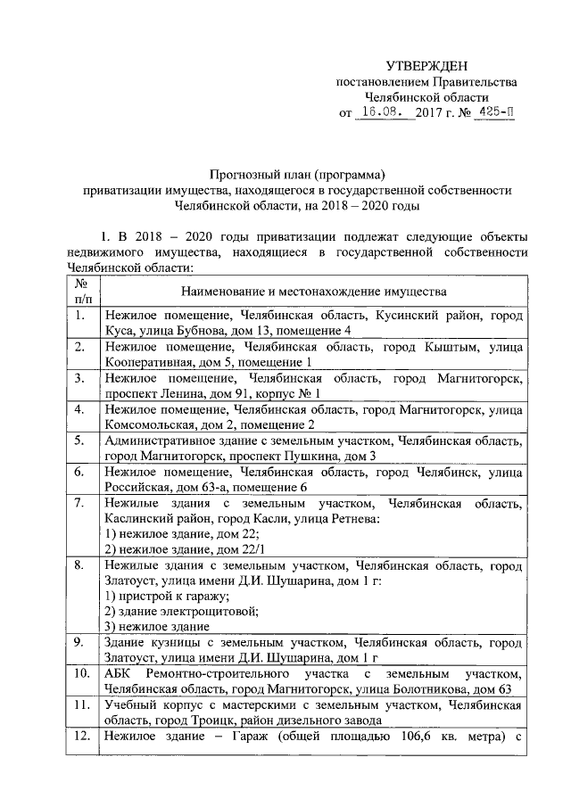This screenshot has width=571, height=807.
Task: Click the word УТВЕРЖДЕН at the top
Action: [x=426, y=67]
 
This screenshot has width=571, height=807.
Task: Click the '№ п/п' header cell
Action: [x=81, y=292]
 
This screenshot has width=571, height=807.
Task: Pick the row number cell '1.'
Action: [x=81, y=316]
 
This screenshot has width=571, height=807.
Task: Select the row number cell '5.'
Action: [x=81, y=441]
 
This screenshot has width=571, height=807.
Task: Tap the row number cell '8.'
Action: [x=81, y=565]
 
